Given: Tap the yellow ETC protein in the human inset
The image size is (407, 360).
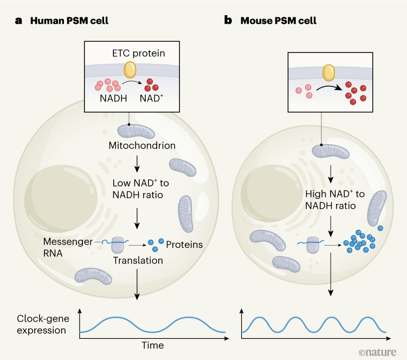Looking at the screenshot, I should click(x=131, y=69).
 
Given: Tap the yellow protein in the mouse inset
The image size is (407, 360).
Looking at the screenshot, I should click(x=328, y=73).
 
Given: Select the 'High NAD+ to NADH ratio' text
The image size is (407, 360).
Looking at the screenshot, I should click(x=331, y=200).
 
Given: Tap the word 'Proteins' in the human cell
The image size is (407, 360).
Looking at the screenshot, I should click(x=184, y=245).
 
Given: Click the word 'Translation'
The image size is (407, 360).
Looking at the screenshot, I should click(x=138, y=261).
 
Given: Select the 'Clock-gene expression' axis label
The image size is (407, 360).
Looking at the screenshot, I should click(x=41, y=324).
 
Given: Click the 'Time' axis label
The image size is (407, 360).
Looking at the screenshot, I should click(x=152, y=345).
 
